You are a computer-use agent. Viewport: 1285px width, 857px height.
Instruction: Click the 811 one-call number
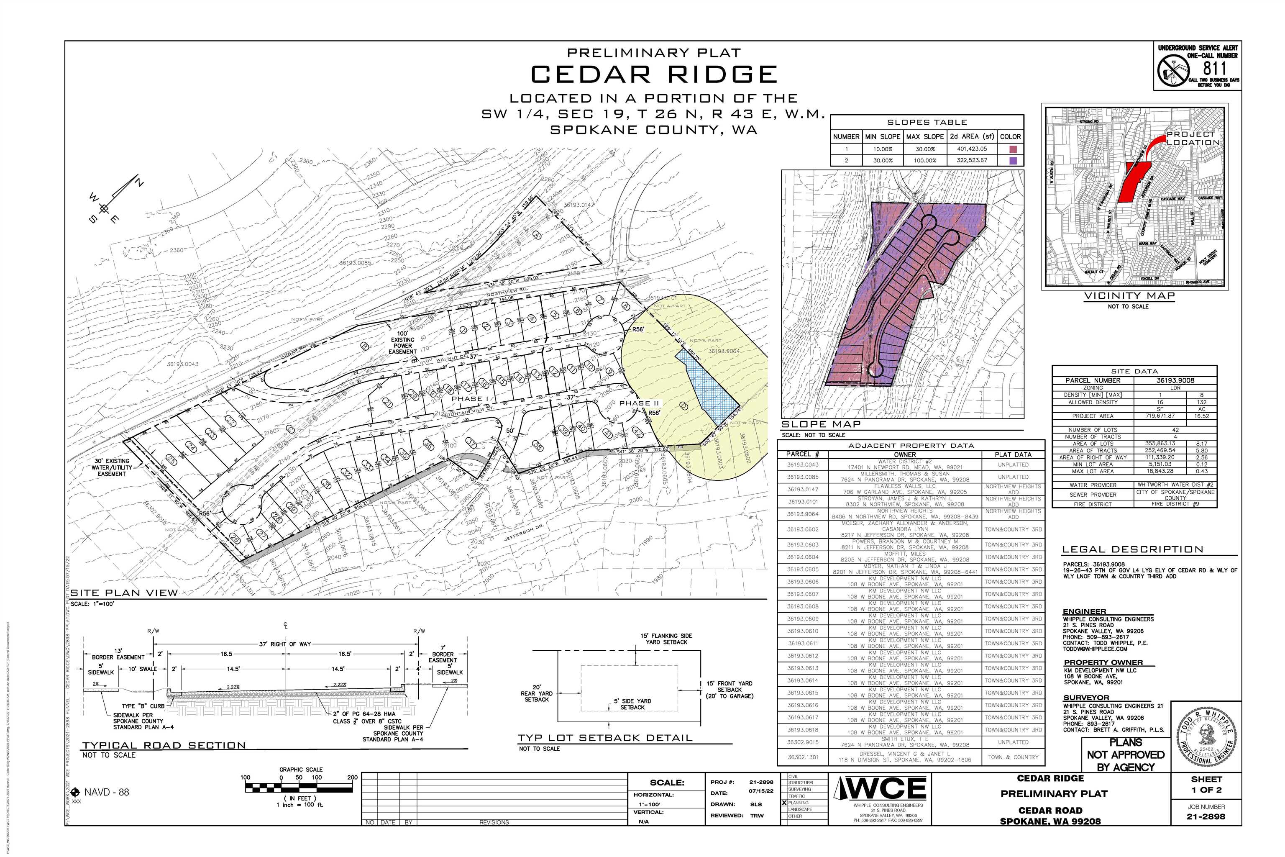coord(1215,69)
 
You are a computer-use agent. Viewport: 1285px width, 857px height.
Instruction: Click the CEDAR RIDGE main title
coord(653,74)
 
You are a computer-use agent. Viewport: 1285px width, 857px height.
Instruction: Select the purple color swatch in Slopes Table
coord(1013,161)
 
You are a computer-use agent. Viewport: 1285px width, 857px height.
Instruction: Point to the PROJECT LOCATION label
coord(1193,138)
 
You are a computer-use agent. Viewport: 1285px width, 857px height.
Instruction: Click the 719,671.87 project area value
coord(1155,416)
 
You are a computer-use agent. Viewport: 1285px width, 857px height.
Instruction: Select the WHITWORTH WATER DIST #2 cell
coord(1175,485)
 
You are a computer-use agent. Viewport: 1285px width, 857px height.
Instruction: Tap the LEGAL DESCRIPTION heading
coord(1133,550)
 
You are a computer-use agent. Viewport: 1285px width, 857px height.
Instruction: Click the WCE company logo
coord(880,789)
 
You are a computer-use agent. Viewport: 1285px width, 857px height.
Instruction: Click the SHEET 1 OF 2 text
coord(1206,785)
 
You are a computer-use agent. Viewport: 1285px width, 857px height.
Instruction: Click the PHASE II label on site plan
coord(639,403)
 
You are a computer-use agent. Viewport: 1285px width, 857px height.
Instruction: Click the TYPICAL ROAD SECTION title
coord(164,746)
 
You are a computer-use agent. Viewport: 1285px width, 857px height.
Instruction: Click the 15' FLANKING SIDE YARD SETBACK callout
coord(666,639)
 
